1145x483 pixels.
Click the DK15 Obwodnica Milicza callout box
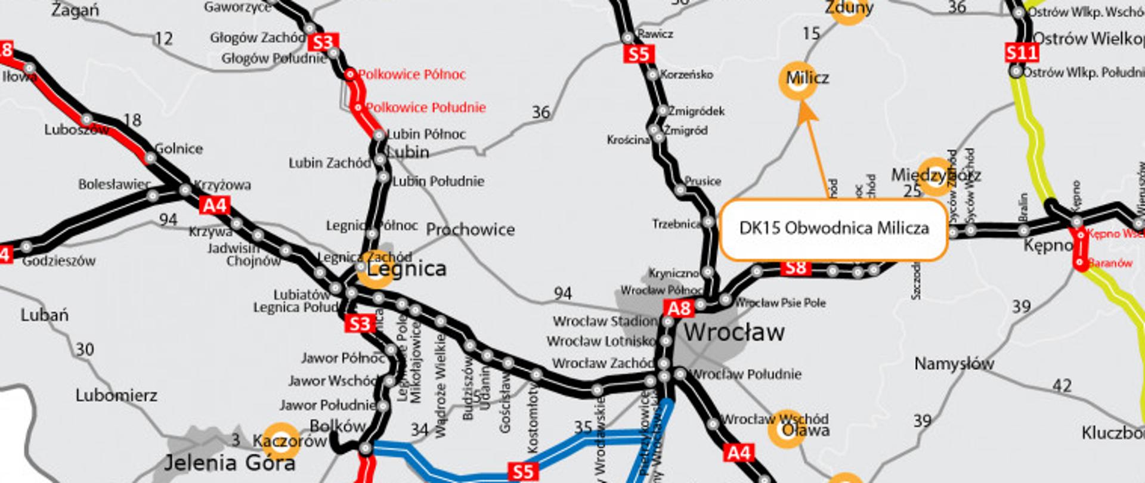(834, 229)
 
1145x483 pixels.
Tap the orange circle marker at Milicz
(797, 80)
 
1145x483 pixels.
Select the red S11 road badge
(1022, 53)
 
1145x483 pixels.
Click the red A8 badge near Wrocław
(679, 308)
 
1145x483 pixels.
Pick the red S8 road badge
(796, 268)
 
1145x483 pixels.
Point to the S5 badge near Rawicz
(638, 54)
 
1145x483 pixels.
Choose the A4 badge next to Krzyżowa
(215, 206)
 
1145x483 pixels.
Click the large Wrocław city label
(734, 333)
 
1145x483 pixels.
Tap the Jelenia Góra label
(229, 463)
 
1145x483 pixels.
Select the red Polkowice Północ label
(411, 75)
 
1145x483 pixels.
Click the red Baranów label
(1110, 262)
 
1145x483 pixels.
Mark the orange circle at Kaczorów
(280, 441)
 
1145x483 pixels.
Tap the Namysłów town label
(954, 364)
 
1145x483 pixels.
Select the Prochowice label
(470, 230)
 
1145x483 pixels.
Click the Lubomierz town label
(116, 395)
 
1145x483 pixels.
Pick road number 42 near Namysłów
(1062, 386)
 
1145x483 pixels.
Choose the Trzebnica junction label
(676, 224)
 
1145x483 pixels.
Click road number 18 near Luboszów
(132, 120)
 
